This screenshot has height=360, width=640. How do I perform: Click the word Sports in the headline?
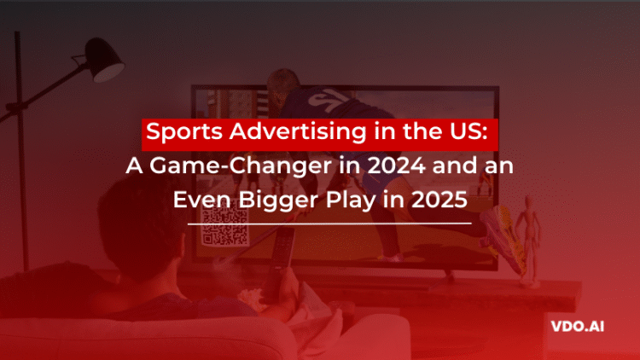176,135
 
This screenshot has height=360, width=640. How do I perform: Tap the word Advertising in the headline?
274,135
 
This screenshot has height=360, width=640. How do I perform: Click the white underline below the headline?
328,223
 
